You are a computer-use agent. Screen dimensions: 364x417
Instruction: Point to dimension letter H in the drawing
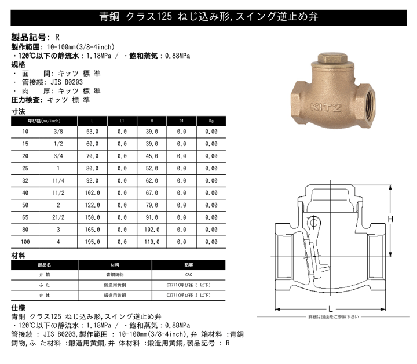(x=390, y=219)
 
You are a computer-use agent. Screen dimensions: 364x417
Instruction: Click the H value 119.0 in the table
(x=152, y=242)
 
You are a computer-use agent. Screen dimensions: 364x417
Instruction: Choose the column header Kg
(x=211, y=121)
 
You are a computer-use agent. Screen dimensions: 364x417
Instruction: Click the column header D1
(x=181, y=121)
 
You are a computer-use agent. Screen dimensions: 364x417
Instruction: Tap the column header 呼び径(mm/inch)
(x=45, y=121)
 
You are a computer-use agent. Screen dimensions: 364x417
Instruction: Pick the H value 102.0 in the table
(x=152, y=231)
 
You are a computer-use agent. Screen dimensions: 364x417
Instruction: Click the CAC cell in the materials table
(x=189, y=274)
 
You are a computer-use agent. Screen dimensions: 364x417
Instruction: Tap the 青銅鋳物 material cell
(x=115, y=274)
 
